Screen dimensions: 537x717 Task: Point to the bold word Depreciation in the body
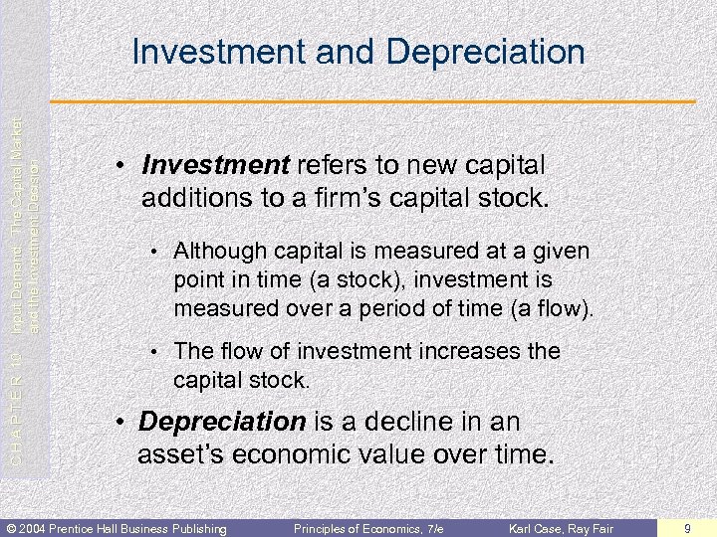[x=222, y=422]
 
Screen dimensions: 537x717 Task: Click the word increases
[x=454, y=351]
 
